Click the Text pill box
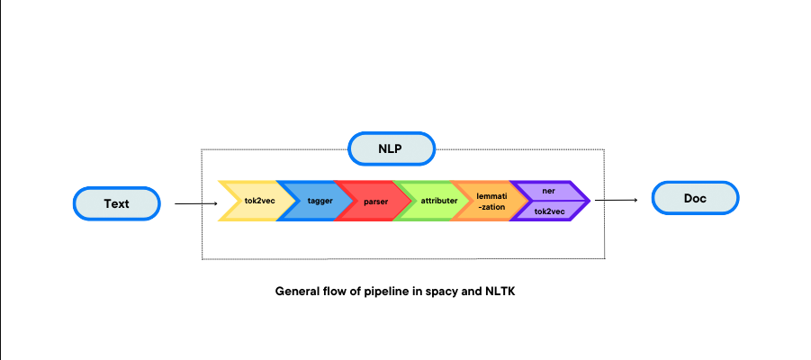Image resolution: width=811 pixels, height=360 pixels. (116, 203)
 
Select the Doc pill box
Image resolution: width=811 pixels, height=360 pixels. (695, 198)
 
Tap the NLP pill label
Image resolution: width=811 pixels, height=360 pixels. (391, 148)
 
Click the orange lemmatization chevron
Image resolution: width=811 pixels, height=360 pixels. (491, 201)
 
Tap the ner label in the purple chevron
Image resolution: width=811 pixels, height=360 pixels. (549, 191)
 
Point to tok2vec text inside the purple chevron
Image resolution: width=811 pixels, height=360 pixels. (549, 211)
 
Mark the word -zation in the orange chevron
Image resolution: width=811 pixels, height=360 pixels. (491, 207)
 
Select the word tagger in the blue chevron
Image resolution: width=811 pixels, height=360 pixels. (320, 201)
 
